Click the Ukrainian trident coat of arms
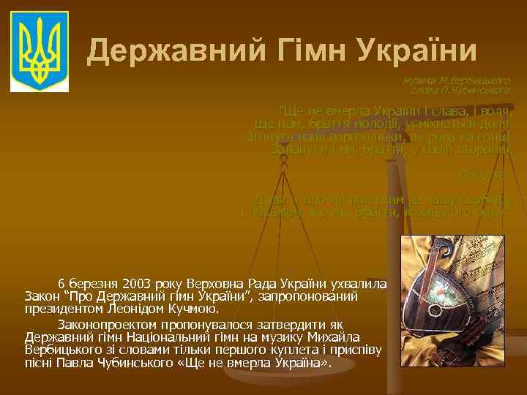coord(42,50)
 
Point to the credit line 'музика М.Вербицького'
coord(455,79)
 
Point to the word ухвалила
coord(362,282)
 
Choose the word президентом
coord(61,309)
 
